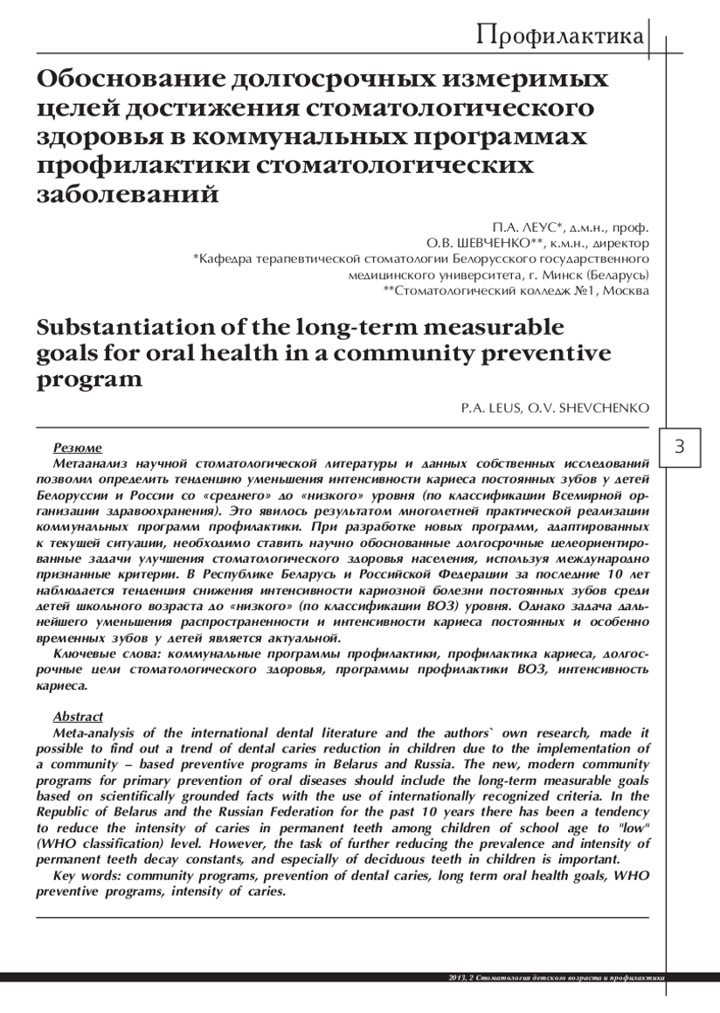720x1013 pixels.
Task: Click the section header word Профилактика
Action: click(560, 37)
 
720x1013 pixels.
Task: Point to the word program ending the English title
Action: click(88, 382)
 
